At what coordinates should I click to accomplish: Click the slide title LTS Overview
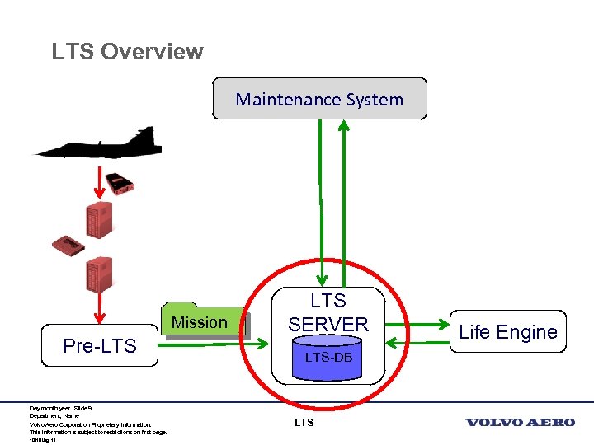[x=127, y=51]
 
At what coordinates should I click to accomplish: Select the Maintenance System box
[x=319, y=99]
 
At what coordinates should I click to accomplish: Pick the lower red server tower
[x=98, y=274]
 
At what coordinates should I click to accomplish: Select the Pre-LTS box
[x=100, y=345]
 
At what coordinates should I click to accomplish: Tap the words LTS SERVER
[x=328, y=313]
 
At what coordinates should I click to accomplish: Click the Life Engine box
[x=507, y=332]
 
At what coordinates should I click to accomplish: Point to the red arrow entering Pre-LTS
[x=100, y=309]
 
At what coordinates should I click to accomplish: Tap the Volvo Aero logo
[x=520, y=423]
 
